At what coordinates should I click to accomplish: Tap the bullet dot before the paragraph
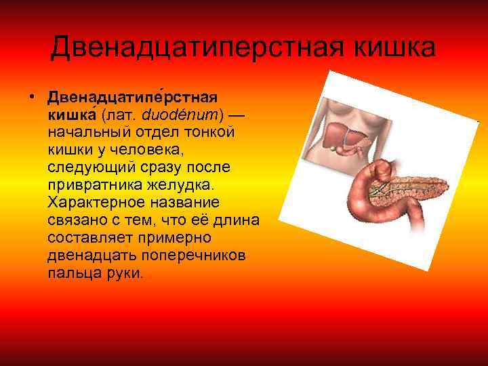coord(32,97)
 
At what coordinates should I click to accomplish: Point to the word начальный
coord(85,132)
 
